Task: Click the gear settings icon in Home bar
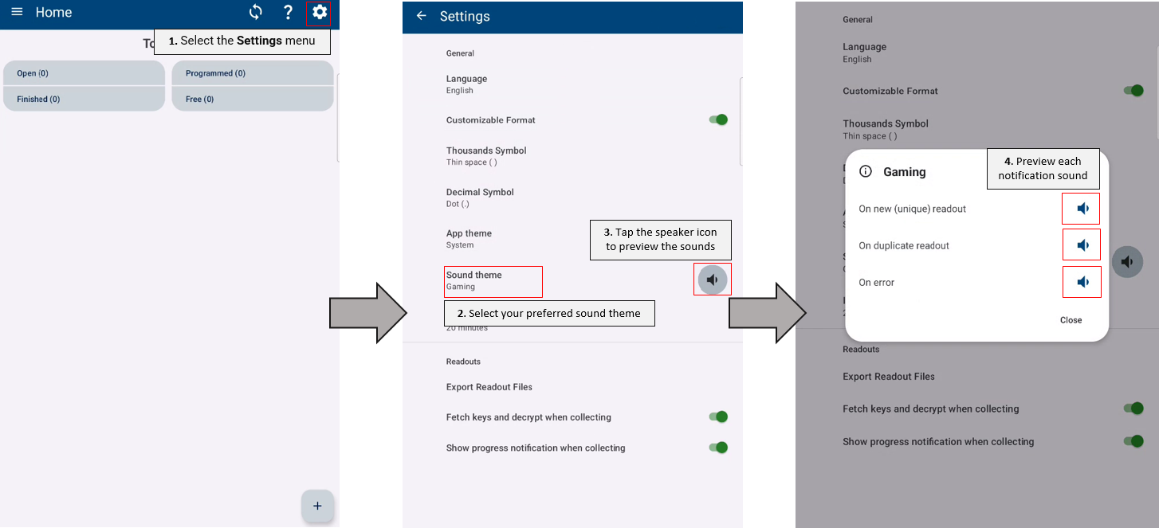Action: tap(319, 12)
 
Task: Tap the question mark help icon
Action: tap(289, 13)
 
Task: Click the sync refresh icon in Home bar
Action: tap(256, 12)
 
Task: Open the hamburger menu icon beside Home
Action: tap(17, 11)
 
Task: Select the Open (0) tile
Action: tap(84, 73)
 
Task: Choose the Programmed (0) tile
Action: tap(253, 73)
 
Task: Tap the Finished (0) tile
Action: tap(84, 99)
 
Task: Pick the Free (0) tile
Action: tap(253, 99)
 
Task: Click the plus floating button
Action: tap(317, 506)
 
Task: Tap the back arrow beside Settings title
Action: tap(421, 16)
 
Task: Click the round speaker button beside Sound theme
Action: tap(713, 280)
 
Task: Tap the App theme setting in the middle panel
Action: tap(469, 238)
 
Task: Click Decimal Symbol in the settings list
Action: tap(480, 197)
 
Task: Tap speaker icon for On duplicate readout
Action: tap(1082, 245)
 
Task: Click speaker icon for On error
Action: tap(1082, 282)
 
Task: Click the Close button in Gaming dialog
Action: tap(1071, 320)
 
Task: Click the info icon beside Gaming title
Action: tap(866, 171)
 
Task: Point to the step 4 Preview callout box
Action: tap(1043, 169)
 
